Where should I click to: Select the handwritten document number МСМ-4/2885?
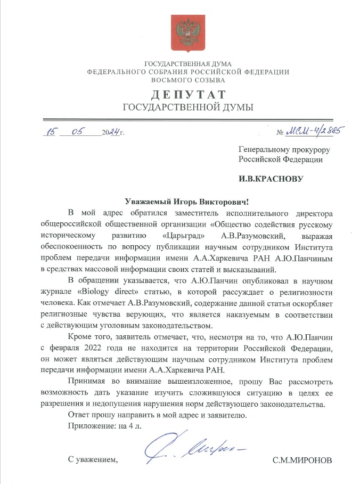pos(316,130)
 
